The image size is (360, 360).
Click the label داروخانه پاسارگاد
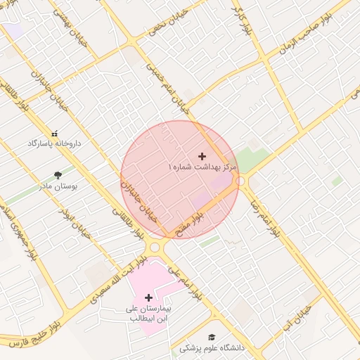tap(54, 143)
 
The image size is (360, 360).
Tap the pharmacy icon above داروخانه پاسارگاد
tap(55, 133)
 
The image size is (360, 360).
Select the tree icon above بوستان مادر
tap(58, 176)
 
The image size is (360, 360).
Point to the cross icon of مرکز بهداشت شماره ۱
tap(203, 156)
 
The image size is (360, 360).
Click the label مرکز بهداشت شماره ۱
tap(203, 167)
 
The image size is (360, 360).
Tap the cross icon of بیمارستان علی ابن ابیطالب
tap(148, 298)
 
